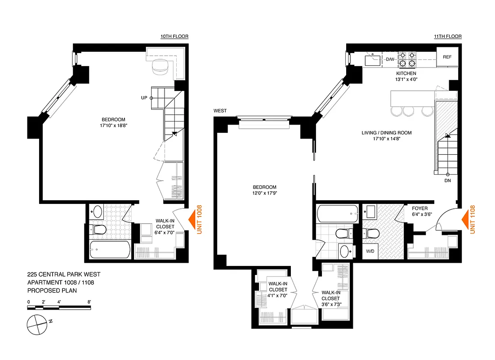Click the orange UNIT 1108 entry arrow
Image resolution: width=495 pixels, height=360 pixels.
pos(465,220)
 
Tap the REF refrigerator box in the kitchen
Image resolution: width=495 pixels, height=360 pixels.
pos(447,57)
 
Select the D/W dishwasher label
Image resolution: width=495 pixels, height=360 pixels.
pos(389,59)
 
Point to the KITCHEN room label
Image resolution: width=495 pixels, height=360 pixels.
pos(406,73)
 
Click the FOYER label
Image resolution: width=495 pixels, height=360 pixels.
pos(419,209)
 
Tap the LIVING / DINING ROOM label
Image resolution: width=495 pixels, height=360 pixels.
pos(386,133)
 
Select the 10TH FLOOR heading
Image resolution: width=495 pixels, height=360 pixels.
pos(174,36)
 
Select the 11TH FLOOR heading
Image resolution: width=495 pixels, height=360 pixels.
pos(448,36)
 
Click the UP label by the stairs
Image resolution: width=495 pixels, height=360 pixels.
pos(144,98)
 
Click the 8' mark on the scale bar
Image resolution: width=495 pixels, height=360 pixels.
pos(89,301)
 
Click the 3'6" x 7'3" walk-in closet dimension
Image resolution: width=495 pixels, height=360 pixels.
pos(330,305)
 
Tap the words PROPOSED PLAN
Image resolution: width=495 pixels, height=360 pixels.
pos(53,291)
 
